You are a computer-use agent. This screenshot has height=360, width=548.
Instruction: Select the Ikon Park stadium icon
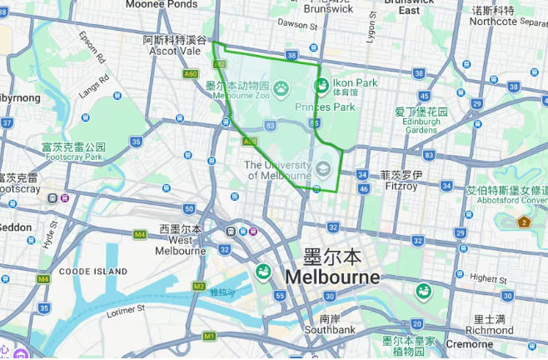(x=321, y=84)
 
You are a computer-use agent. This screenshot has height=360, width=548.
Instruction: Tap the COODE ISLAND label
(x=93, y=272)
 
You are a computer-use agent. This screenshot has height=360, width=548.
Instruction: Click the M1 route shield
(x=209, y=336)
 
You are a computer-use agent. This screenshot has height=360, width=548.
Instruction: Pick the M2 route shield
(x=198, y=286)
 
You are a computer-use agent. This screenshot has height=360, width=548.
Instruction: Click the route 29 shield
(x=476, y=104)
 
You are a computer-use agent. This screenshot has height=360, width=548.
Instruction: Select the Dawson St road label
(x=298, y=24)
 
